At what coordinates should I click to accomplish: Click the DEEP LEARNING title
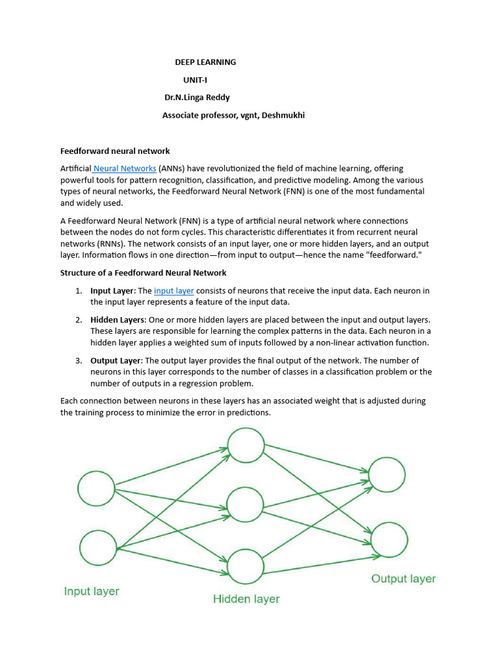click(205, 62)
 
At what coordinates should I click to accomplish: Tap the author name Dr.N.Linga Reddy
click(197, 97)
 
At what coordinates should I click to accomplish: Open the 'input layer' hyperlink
click(173, 290)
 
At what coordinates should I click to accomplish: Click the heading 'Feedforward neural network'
click(115, 151)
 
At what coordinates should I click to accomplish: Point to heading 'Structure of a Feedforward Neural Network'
click(144, 273)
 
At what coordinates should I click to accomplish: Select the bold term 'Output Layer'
click(115, 360)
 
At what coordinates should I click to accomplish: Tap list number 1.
click(78, 291)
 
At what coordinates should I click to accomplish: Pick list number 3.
click(78, 360)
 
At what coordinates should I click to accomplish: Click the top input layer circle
click(96, 488)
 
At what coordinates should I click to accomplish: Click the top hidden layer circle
click(246, 445)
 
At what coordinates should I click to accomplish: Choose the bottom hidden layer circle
click(245, 566)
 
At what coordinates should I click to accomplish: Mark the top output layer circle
click(388, 475)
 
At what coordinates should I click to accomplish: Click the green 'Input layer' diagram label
click(92, 592)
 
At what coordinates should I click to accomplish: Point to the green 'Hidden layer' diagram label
click(246, 599)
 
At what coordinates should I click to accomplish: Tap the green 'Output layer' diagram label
click(403, 579)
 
